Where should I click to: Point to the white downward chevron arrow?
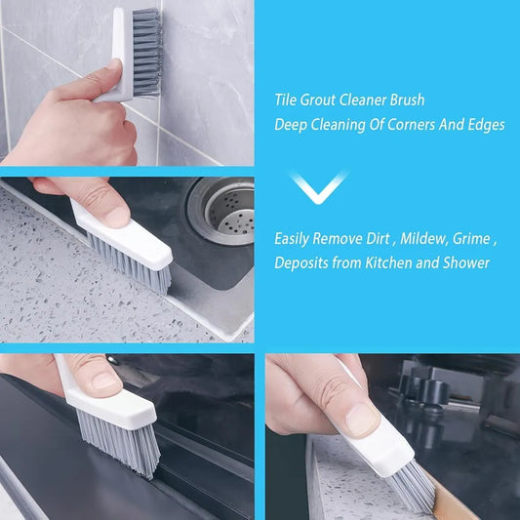pyautogui.click(x=319, y=186)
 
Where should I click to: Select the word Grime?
pyautogui.click(x=474, y=237)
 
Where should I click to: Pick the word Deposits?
pyautogui.click(x=302, y=262)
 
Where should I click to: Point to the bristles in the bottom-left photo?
pyautogui.click(x=117, y=439)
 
